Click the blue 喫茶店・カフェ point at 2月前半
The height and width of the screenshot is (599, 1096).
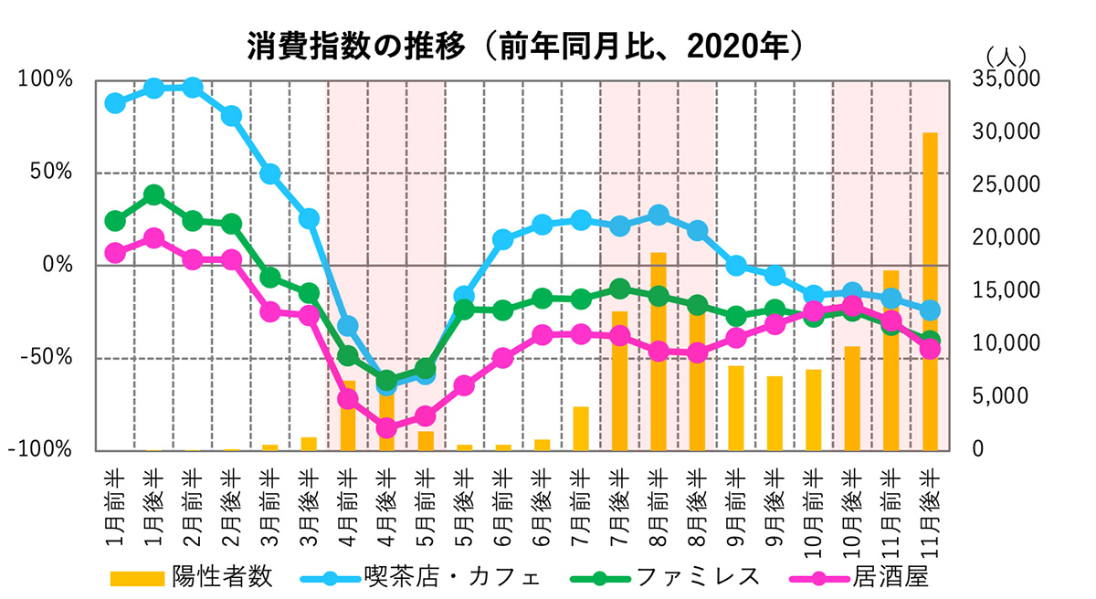[193, 88]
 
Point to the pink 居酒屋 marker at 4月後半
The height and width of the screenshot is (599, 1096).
[386, 427]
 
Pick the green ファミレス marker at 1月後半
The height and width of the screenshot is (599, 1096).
[153, 195]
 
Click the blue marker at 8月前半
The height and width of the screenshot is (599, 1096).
[658, 215]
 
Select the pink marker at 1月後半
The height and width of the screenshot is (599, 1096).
[153, 238]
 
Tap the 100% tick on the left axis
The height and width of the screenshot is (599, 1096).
[46, 79]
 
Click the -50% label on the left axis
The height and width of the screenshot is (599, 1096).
[46, 357]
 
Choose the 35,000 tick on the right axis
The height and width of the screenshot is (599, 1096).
[1002, 79]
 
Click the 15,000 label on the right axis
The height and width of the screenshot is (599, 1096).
[1002, 290]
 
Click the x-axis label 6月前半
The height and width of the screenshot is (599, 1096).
[502, 508]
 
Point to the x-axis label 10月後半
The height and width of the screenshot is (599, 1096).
[852, 508]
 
